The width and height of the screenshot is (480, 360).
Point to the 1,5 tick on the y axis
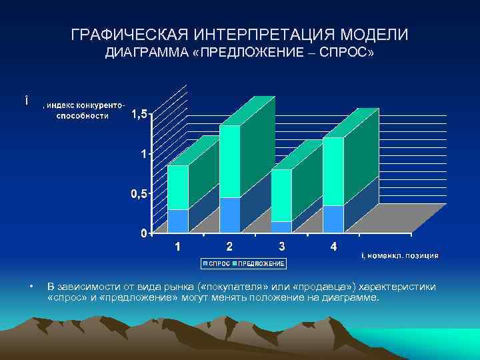pyautogui.click(x=139, y=115)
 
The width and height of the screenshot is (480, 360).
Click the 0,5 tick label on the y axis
pyautogui.click(x=139, y=194)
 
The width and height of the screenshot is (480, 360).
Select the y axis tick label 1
pyautogui.click(x=143, y=155)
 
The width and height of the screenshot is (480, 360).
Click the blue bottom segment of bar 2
pyautogui.click(x=229, y=215)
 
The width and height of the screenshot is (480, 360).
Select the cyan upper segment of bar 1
pyautogui.click(x=177, y=187)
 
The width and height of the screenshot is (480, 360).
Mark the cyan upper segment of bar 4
pyautogui.click(x=333, y=171)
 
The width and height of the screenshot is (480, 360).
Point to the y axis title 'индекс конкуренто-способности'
pyautogui.click(x=83, y=110)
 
